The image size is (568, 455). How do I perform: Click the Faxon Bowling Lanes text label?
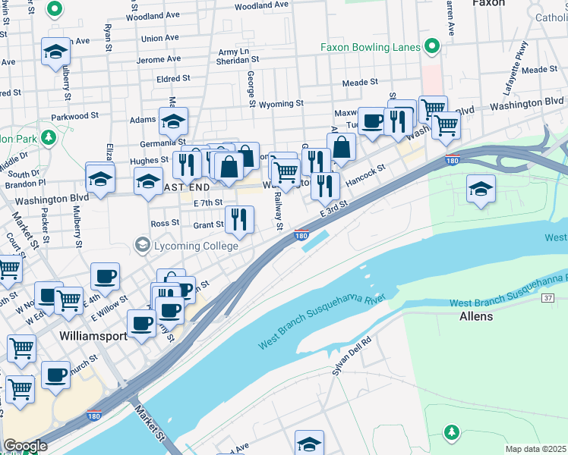370,47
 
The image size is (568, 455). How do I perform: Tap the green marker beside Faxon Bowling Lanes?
432,47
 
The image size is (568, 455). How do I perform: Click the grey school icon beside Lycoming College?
142,245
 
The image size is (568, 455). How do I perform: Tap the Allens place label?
476,315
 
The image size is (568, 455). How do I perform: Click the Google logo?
24,446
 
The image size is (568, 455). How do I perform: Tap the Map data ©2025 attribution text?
535,449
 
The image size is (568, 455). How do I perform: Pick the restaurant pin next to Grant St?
239,220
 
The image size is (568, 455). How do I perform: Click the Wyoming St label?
281,103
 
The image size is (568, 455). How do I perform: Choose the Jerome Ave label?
158,59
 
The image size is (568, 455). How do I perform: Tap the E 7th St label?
207,203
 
